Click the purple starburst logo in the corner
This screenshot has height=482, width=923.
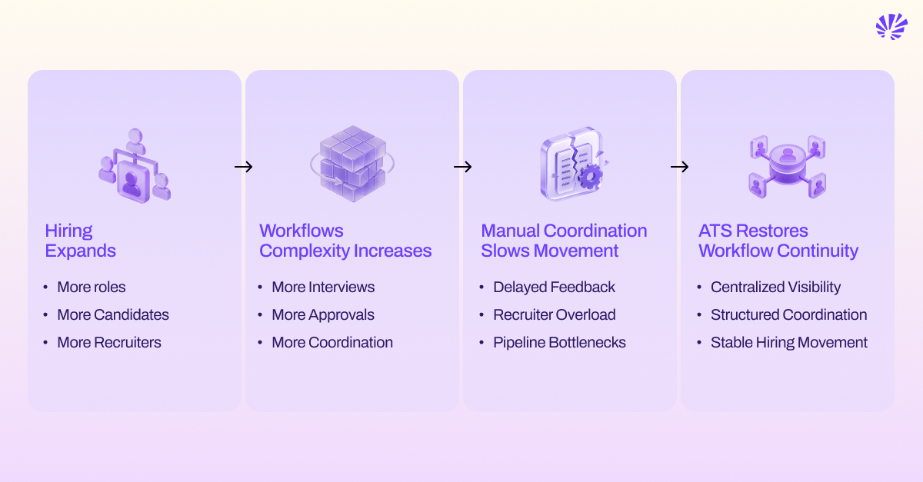(891, 26)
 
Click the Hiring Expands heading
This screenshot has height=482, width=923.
(80, 241)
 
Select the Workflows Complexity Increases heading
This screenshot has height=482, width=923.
(345, 241)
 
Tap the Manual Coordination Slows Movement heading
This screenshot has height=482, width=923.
(564, 241)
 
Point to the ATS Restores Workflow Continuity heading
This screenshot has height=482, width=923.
(778, 241)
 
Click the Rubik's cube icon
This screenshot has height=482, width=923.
(352, 164)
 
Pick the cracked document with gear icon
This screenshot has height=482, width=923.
(574, 164)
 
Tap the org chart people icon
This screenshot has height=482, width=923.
(135, 165)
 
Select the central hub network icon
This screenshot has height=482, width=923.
(788, 167)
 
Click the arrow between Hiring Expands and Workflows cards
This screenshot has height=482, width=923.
(244, 167)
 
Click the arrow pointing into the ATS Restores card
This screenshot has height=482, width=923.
(679, 167)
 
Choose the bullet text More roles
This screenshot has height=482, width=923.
(92, 288)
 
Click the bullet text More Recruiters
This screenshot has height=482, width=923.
(109, 342)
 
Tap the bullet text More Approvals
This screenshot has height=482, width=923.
(323, 315)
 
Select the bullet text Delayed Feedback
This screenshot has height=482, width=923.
(555, 288)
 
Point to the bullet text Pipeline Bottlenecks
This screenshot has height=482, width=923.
(560, 342)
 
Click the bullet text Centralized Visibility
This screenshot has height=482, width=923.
(775, 288)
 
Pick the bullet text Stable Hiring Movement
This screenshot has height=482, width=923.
(789, 342)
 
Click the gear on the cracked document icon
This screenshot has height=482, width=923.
(590, 176)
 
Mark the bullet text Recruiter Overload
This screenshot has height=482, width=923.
(555, 314)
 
